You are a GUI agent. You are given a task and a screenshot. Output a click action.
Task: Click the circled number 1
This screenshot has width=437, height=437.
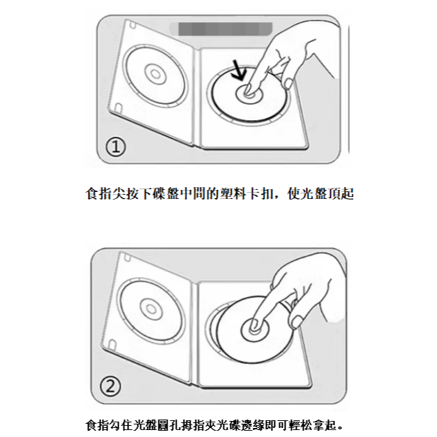[x=116, y=147]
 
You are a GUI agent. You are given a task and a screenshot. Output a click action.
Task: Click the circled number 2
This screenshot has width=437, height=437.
[x=110, y=386]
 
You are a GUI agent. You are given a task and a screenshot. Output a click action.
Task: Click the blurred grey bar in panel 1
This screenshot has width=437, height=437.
[x=221, y=29]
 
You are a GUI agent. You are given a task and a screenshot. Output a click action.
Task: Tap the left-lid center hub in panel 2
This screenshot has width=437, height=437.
[x=151, y=309]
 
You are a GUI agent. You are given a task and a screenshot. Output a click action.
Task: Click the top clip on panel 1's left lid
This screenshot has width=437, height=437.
[x=133, y=25]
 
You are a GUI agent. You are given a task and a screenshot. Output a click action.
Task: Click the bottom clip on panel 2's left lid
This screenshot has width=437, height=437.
[x=113, y=343]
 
